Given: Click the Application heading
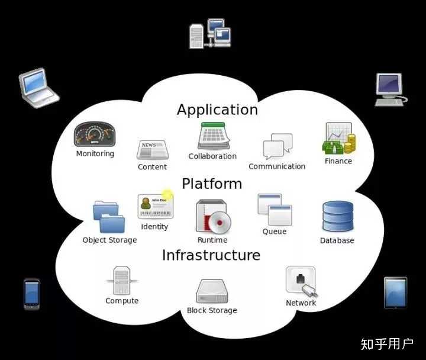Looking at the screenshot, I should [x=217, y=110].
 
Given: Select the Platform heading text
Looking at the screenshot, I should [x=212, y=184].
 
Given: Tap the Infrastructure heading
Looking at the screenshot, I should [x=211, y=255].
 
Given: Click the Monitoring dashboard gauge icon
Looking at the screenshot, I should [x=95, y=134].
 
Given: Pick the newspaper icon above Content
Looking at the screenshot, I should [x=152, y=150].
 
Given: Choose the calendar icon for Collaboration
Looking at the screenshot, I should [x=213, y=136].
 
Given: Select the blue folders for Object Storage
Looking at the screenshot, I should [x=109, y=217].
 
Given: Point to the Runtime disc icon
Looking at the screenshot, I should [x=212, y=216].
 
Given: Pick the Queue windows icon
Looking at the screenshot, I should [x=275, y=210].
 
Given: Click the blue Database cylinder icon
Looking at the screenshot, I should [x=338, y=217].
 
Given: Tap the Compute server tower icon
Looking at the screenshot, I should [x=122, y=281].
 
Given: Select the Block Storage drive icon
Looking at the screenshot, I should [x=212, y=291].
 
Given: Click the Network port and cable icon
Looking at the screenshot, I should [x=301, y=281].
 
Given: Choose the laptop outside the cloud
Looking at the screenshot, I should [x=38, y=88].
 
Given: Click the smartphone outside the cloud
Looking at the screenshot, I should [x=32, y=294].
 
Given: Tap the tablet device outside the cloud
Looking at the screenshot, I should [x=395, y=292].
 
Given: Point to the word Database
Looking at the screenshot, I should [x=337, y=241].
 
